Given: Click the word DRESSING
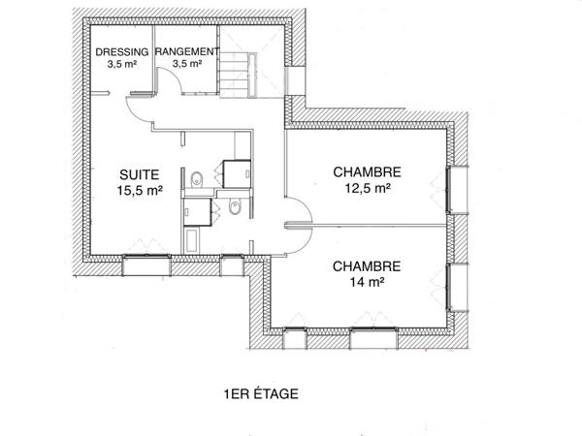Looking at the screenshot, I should [122, 51].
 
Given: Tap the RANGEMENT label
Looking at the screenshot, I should [186, 51].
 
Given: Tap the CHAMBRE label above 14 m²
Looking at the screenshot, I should [367, 265].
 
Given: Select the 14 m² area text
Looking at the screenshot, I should [367, 283].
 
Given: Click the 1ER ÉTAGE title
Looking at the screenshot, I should [259, 394].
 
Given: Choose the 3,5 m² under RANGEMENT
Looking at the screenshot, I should [186, 64].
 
